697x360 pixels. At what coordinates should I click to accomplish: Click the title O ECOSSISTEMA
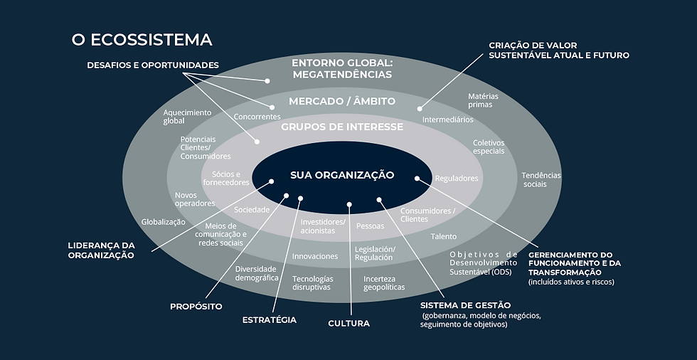tap(142, 40)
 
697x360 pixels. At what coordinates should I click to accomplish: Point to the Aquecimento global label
tap(187, 117)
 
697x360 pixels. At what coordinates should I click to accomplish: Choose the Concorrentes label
tap(257, 117)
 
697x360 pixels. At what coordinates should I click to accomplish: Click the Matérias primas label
tap(483, 100)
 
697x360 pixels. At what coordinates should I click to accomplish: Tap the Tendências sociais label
tap(541, 179)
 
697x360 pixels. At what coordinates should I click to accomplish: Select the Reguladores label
tap(457, 179)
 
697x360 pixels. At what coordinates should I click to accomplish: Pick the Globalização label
tap(163, 221)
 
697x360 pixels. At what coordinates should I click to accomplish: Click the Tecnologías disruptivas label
tap(312, 282)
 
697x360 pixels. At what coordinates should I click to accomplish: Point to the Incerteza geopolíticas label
tap(384, 282)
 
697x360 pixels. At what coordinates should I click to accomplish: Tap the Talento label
tap(443, 236)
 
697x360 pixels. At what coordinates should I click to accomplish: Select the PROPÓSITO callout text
tap(196, 307)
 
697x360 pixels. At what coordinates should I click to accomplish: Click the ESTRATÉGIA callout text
tap(269, 319)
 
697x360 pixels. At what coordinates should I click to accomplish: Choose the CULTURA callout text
tap(348, 323)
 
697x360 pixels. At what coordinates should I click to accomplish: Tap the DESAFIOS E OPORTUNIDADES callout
tap(153, 65)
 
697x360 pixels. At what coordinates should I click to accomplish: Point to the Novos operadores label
tap(194, 198)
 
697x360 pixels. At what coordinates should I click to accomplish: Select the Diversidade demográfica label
tap(257, 273)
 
